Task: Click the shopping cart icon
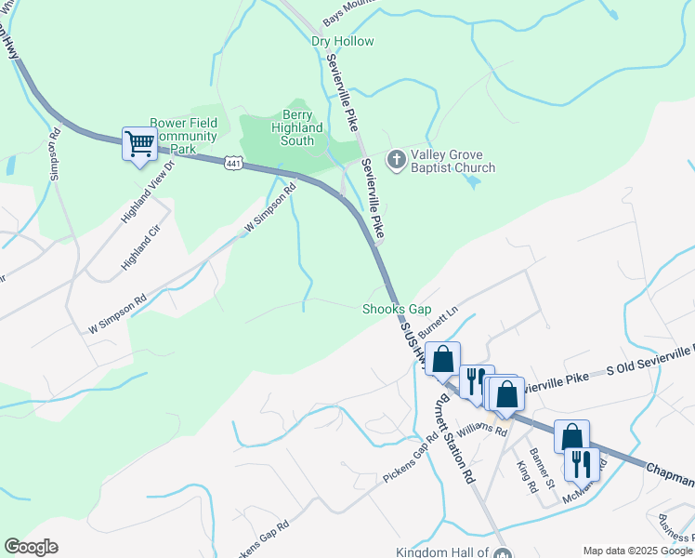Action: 139,145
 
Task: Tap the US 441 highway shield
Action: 233,164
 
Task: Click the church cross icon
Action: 396,159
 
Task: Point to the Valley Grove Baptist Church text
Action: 454,161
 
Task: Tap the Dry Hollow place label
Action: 342,42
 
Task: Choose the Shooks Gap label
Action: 397,309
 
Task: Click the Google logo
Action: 30,547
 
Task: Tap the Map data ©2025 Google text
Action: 636,551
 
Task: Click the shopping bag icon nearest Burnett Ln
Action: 443,358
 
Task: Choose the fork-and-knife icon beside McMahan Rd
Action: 582,464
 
